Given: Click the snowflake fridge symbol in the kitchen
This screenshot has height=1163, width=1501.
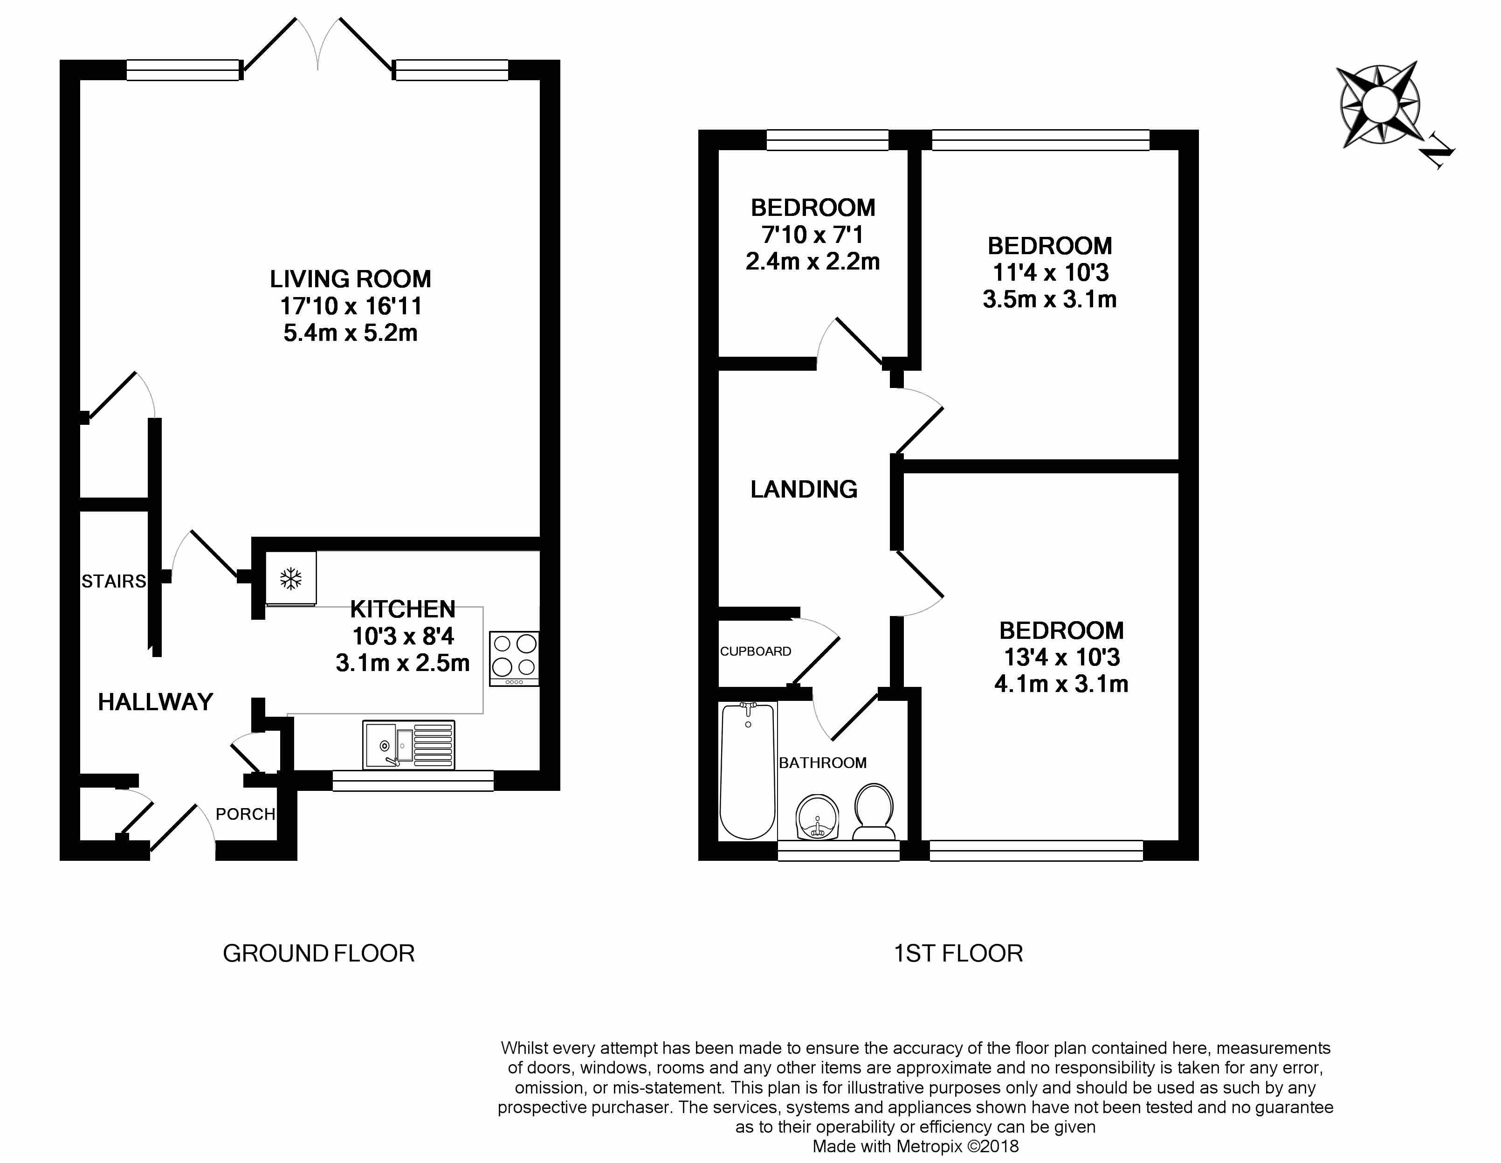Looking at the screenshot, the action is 291,579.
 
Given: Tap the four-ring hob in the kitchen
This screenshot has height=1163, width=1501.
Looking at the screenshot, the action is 514,658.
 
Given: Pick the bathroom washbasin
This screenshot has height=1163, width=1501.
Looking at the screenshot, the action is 818,817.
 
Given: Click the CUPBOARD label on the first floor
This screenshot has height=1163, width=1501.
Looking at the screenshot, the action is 755,651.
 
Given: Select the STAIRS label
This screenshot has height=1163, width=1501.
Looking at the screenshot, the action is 114,581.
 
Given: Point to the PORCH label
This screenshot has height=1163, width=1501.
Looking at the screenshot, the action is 245,814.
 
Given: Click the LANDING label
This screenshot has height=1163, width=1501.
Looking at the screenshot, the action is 804,489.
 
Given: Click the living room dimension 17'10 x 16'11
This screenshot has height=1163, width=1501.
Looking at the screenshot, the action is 351,306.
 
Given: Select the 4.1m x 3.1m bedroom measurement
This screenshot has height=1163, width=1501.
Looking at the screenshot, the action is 1061,684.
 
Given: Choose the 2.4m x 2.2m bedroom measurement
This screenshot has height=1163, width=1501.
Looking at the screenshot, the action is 813,261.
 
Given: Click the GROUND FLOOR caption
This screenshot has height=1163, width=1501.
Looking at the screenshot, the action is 319,953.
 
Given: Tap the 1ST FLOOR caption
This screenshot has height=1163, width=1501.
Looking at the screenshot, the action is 958,953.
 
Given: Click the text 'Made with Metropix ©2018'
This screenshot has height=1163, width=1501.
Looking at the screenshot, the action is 916,1146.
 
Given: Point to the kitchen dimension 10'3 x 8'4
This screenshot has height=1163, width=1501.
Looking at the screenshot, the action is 403,636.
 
